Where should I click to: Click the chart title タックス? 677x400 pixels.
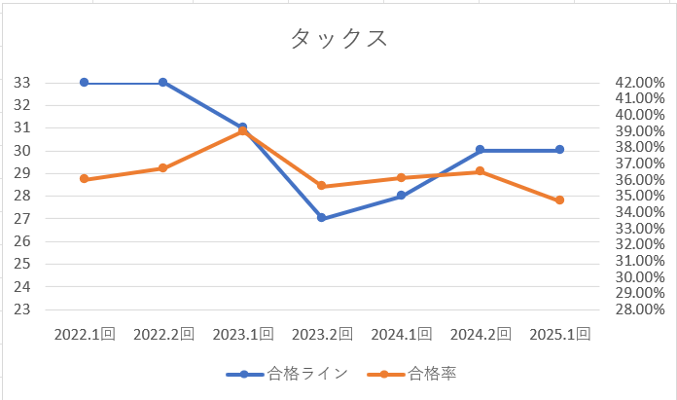[338, 39]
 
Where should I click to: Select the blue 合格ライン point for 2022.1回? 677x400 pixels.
[84, 83]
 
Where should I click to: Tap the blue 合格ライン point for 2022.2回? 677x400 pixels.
[162, 83]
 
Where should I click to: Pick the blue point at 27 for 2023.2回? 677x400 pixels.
[321, 218]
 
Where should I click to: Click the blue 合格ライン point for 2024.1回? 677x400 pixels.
[401, 196]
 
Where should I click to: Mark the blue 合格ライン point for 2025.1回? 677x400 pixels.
[559, 150]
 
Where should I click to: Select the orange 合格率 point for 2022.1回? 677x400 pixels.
[84, 179]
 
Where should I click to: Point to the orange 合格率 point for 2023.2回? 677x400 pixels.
[321, 186]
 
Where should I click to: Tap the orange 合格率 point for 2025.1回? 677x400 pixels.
[559, 200]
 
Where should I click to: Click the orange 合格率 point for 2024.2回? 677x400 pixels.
[480, 171]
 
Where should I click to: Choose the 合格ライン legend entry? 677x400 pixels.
[287, 374]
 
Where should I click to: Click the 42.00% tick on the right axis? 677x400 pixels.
[640, 83]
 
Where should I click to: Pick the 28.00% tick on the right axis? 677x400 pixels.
[640, 309]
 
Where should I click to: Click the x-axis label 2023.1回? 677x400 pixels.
[242, 334]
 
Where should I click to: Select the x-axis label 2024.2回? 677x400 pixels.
[480, 334]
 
